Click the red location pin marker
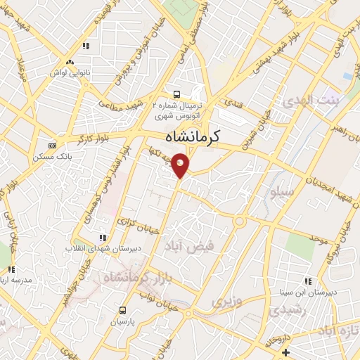pyautogui.click(x=181, y=164)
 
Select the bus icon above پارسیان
pyautogui.click(x=124, y=309)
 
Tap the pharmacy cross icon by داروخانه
pyautogui.click(x=285, y=352)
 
